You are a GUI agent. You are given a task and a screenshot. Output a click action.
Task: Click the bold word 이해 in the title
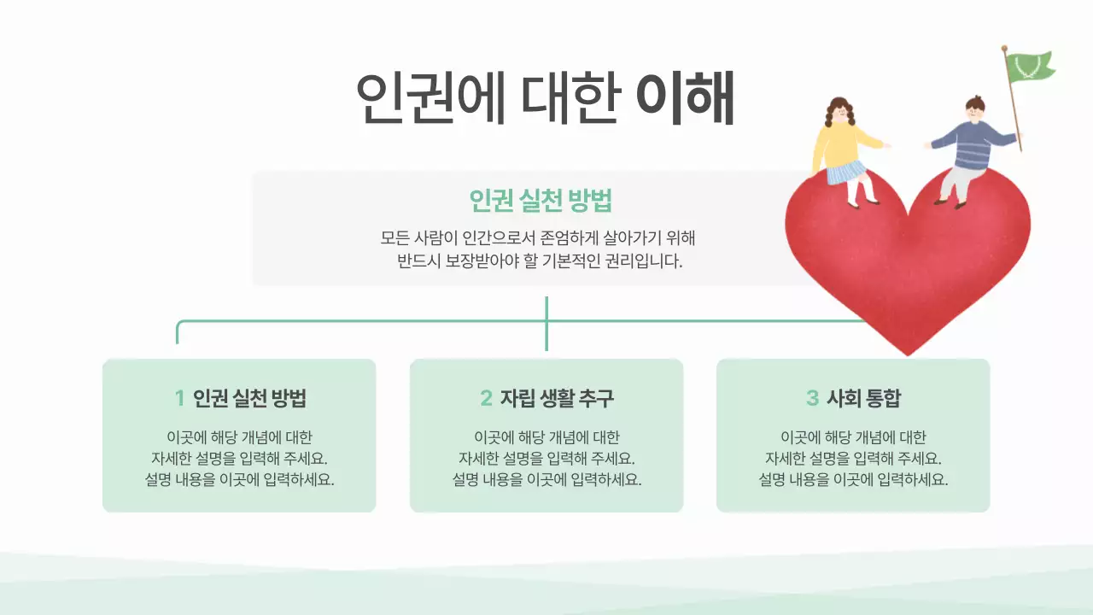685,98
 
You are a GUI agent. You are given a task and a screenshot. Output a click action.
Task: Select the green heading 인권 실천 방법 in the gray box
541,201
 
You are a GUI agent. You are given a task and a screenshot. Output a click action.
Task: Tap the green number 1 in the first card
179,398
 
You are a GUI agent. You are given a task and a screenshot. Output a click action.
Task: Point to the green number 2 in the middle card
486,398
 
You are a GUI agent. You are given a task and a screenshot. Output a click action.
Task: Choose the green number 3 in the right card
812,398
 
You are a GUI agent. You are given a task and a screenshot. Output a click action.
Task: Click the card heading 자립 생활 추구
557,398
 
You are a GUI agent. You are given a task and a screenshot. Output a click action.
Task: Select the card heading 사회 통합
863,398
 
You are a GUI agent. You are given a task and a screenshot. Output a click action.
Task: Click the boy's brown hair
975,103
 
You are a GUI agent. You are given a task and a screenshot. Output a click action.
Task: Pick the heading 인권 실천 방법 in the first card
249,398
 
